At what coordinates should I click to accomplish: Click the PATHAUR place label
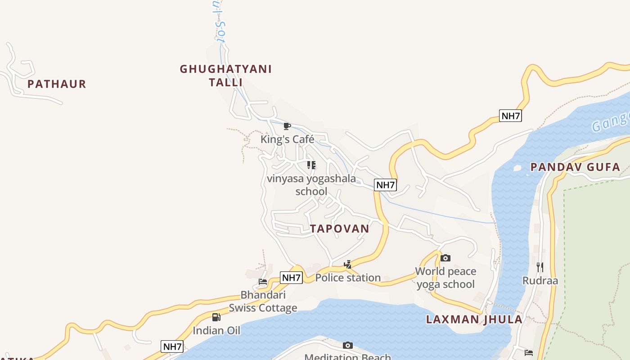click(57, 84)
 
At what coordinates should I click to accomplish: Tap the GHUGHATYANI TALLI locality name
click(225, 76)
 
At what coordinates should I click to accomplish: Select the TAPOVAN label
click(340, 229)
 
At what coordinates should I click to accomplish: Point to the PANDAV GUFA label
click(575, 167)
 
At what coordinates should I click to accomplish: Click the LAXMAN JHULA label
click(474, 319)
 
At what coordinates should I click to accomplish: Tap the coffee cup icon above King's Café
click(287, 126)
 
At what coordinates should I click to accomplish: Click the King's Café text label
click(287, 139)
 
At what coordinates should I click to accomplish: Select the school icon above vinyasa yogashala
click(311, 165)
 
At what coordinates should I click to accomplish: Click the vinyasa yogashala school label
click(311, 185)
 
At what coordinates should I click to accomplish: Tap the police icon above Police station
click(347, 265)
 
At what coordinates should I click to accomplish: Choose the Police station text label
click(348, 278)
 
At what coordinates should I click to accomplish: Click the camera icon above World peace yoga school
click(445, 258)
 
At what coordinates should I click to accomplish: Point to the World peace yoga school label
click(445, 278)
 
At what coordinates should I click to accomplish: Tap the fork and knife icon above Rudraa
click(540, 267)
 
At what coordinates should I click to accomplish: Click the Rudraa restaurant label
click(540, 281)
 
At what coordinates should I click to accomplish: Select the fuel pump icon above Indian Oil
click(216, 317)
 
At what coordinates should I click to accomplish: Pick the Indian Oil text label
click(216, 331)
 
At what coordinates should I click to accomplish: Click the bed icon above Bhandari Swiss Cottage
click(263, 282)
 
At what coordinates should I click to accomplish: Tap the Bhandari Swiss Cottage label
click(263, 301)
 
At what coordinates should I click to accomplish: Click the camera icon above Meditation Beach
click(347, 346)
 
